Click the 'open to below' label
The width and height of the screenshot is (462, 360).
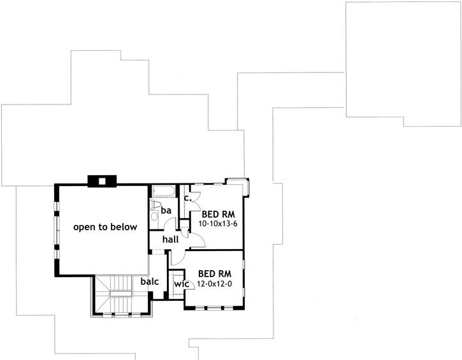click(105, 227)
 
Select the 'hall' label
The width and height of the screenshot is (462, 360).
click(170, 240)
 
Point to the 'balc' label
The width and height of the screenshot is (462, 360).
click(150, 280)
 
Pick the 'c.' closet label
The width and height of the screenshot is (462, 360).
click(187, 198)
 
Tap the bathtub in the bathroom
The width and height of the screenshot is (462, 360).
click(164, 191)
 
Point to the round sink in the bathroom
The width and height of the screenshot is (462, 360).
click(154, 217)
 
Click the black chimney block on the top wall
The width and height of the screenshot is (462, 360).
click(101, 180)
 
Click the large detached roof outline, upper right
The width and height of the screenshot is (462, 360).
click(402, 64)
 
